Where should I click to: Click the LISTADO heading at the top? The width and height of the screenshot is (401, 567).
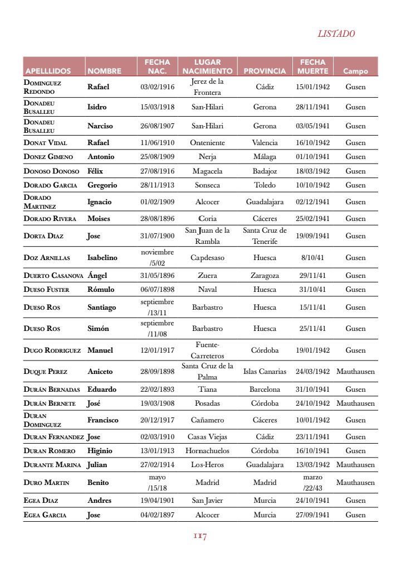pos(336,33)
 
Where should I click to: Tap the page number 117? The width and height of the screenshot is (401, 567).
pos(200,536)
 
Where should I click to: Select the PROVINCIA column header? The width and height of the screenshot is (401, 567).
pos(265,71)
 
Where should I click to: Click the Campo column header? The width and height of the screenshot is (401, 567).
pos(355,71)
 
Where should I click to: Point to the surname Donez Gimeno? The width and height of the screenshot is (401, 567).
pos(48,157)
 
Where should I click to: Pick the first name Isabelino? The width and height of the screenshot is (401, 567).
pos(102,258)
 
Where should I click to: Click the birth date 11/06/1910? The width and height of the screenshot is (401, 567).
pos(157,143)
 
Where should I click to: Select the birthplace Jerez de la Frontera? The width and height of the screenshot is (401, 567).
pos(207,87)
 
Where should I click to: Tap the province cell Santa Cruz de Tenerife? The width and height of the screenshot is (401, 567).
pos(265,236)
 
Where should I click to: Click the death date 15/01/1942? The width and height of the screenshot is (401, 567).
pos(312,87)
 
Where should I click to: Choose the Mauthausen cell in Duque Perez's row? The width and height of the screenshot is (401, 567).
pos(355,372)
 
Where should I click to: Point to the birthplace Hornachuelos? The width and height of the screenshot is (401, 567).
pos(207,451)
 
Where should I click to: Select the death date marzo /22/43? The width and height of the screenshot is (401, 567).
pos(312,483)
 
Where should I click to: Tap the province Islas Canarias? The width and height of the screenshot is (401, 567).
pos(265,372)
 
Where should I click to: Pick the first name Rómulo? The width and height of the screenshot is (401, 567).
pos(101,290)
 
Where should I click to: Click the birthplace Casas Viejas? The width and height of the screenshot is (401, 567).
pos(207,437)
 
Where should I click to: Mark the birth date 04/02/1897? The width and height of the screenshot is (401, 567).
pos(157,515)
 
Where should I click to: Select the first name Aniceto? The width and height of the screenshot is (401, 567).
pos(100,372)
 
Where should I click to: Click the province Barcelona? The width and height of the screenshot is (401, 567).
pos(265,390)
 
